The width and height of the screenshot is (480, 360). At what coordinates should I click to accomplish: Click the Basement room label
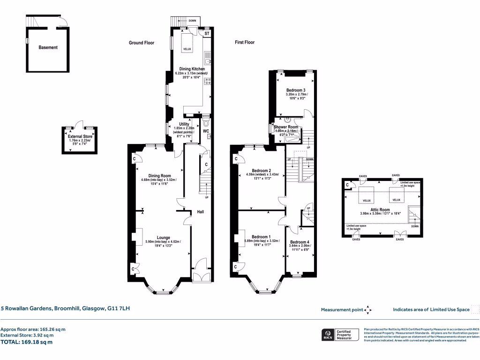(48, 47)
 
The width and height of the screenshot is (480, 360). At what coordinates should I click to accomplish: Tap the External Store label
(80, 137)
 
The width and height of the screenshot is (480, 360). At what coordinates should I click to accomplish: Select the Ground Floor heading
(142, 43)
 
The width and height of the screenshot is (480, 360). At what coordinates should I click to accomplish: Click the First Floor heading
(245, 43)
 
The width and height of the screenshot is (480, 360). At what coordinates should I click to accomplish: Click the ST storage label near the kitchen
(207, 34)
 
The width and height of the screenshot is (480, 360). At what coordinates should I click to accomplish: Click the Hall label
(200, 212)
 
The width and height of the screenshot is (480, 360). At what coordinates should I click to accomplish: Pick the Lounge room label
(163, 237)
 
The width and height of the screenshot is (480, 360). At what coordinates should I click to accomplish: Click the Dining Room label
(157, 176)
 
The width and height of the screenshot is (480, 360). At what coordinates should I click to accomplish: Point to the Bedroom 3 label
(296, 90)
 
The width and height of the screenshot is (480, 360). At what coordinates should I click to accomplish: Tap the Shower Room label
(286, 127)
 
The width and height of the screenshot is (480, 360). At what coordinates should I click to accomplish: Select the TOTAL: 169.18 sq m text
(27, 342)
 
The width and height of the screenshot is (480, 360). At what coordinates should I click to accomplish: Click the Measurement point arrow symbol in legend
(368, 309)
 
